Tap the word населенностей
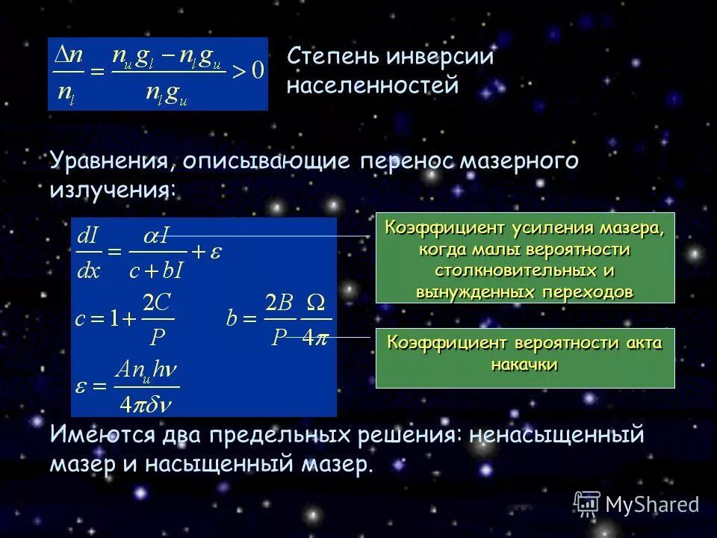[372, 85]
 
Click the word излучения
[113, 188]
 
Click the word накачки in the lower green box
[524, 365]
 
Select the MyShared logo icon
[588, 504]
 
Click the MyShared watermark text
[652, 505]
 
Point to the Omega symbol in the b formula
[317, 304]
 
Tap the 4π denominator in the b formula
[316, 338]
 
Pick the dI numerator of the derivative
[89, 236]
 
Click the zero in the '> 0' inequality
[257, 70]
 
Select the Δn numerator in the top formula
[69, 54]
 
